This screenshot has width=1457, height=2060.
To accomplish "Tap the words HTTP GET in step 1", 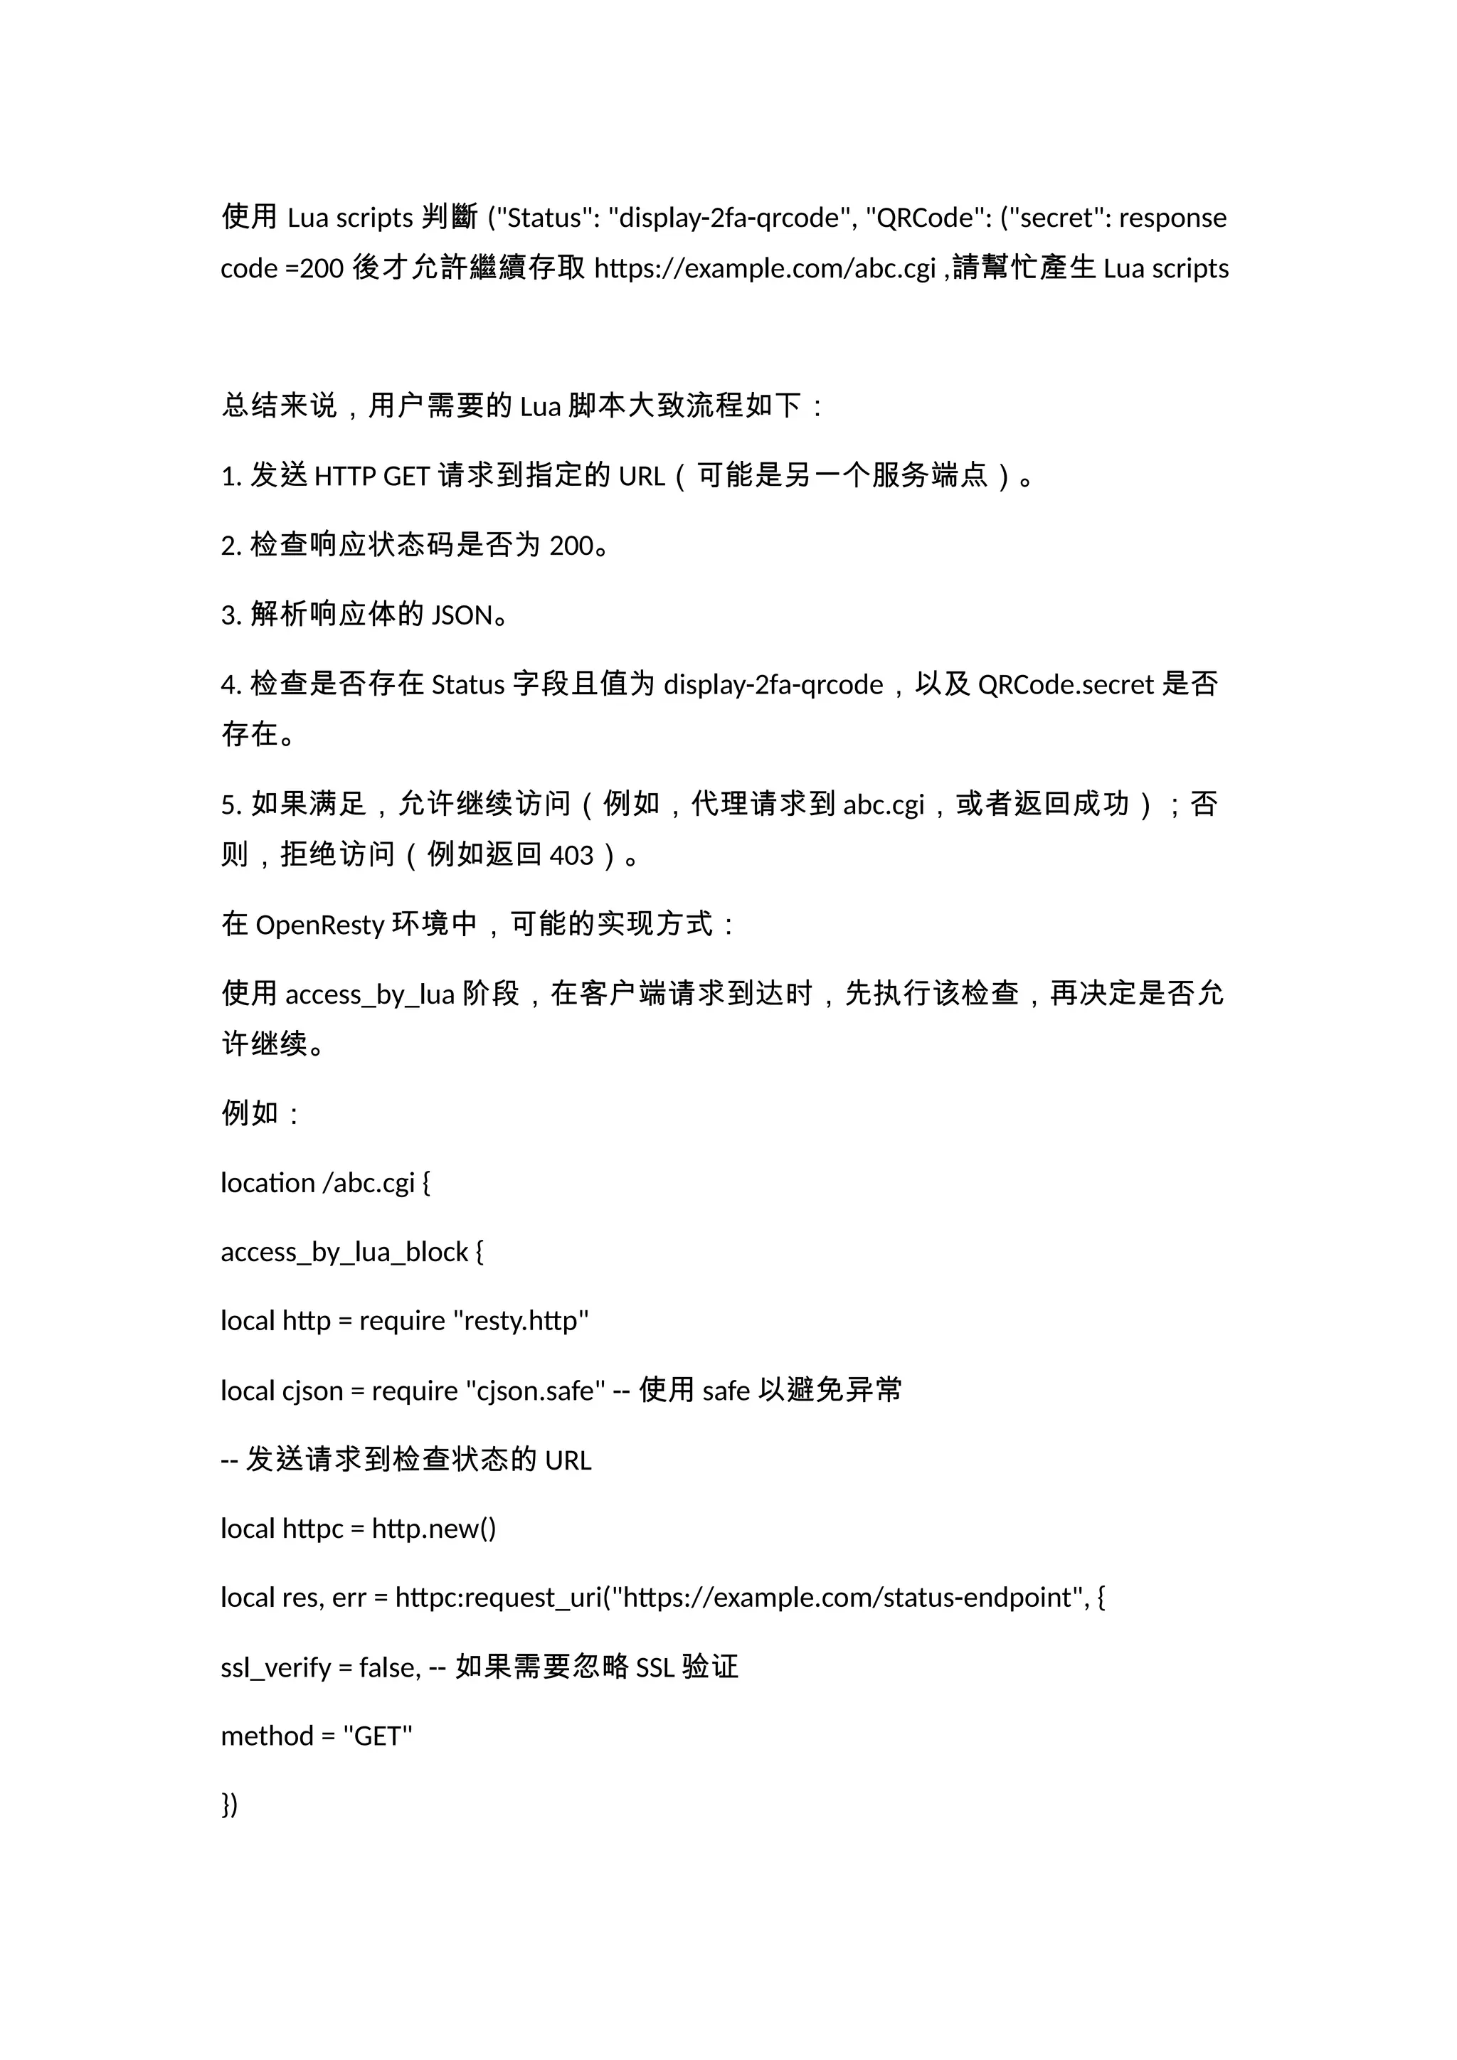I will pos(372,476).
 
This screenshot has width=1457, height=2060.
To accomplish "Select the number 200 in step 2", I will pos(571,546).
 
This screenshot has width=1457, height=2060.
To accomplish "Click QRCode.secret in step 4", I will pos(1065,684).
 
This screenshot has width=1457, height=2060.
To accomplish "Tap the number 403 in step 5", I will pos(571,855).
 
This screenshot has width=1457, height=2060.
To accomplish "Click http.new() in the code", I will pos(434,1529).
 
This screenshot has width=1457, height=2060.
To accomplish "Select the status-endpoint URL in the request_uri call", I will pos(848,1598).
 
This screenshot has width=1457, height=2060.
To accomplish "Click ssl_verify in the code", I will pos(275,1668).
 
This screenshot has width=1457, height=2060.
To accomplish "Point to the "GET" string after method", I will pos(378,1736).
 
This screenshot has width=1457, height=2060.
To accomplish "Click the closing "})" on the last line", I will pos(230,1805).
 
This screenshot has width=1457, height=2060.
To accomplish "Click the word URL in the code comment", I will pos(568,1460).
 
